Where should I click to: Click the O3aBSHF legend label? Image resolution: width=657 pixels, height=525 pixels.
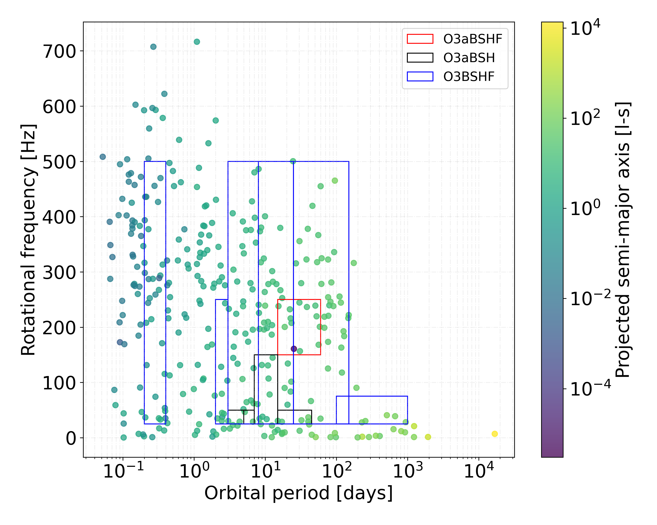pyautogui.click(x=472, y=39)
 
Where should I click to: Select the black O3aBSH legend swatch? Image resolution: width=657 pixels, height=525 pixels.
pyautogui.click(x=420, y=58)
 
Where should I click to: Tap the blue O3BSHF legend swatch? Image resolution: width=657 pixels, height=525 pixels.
pyautogui.click(x=420, y=77)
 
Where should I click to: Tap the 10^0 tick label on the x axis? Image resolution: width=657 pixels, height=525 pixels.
pyautogui.click(x=194, y=471)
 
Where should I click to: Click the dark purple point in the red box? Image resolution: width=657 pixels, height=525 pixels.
pyautogui.click(x=294, y=349)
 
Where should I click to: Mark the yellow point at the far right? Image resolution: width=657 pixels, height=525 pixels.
pyautogui.click(x=495, y=434)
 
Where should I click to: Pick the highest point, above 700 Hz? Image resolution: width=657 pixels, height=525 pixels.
pyautogui.click(x=197, y=42)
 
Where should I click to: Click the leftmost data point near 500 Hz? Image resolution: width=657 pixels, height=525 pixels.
pyautogui.click(x=103, y=157)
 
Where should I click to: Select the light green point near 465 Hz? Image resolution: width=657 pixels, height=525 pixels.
pyautogui.click(x=335, y=181)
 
